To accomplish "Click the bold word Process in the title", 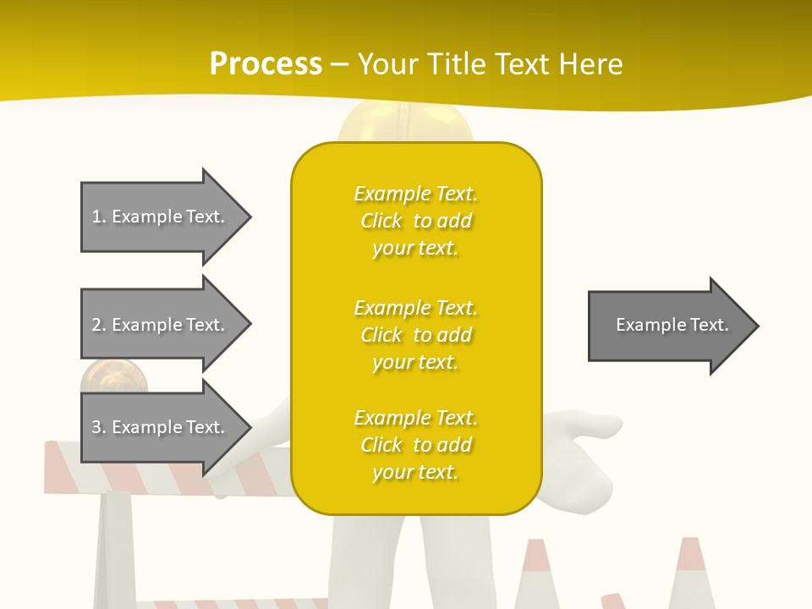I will point(266,64).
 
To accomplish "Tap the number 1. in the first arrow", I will point(99,217).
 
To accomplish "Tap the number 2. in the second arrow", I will point(99,325).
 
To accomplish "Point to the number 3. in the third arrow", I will point(99,428).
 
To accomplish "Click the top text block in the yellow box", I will point(415,221).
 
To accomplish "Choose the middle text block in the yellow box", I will point(415,335).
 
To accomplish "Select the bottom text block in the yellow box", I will point(415,445).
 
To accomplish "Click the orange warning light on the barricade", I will point(113,377).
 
